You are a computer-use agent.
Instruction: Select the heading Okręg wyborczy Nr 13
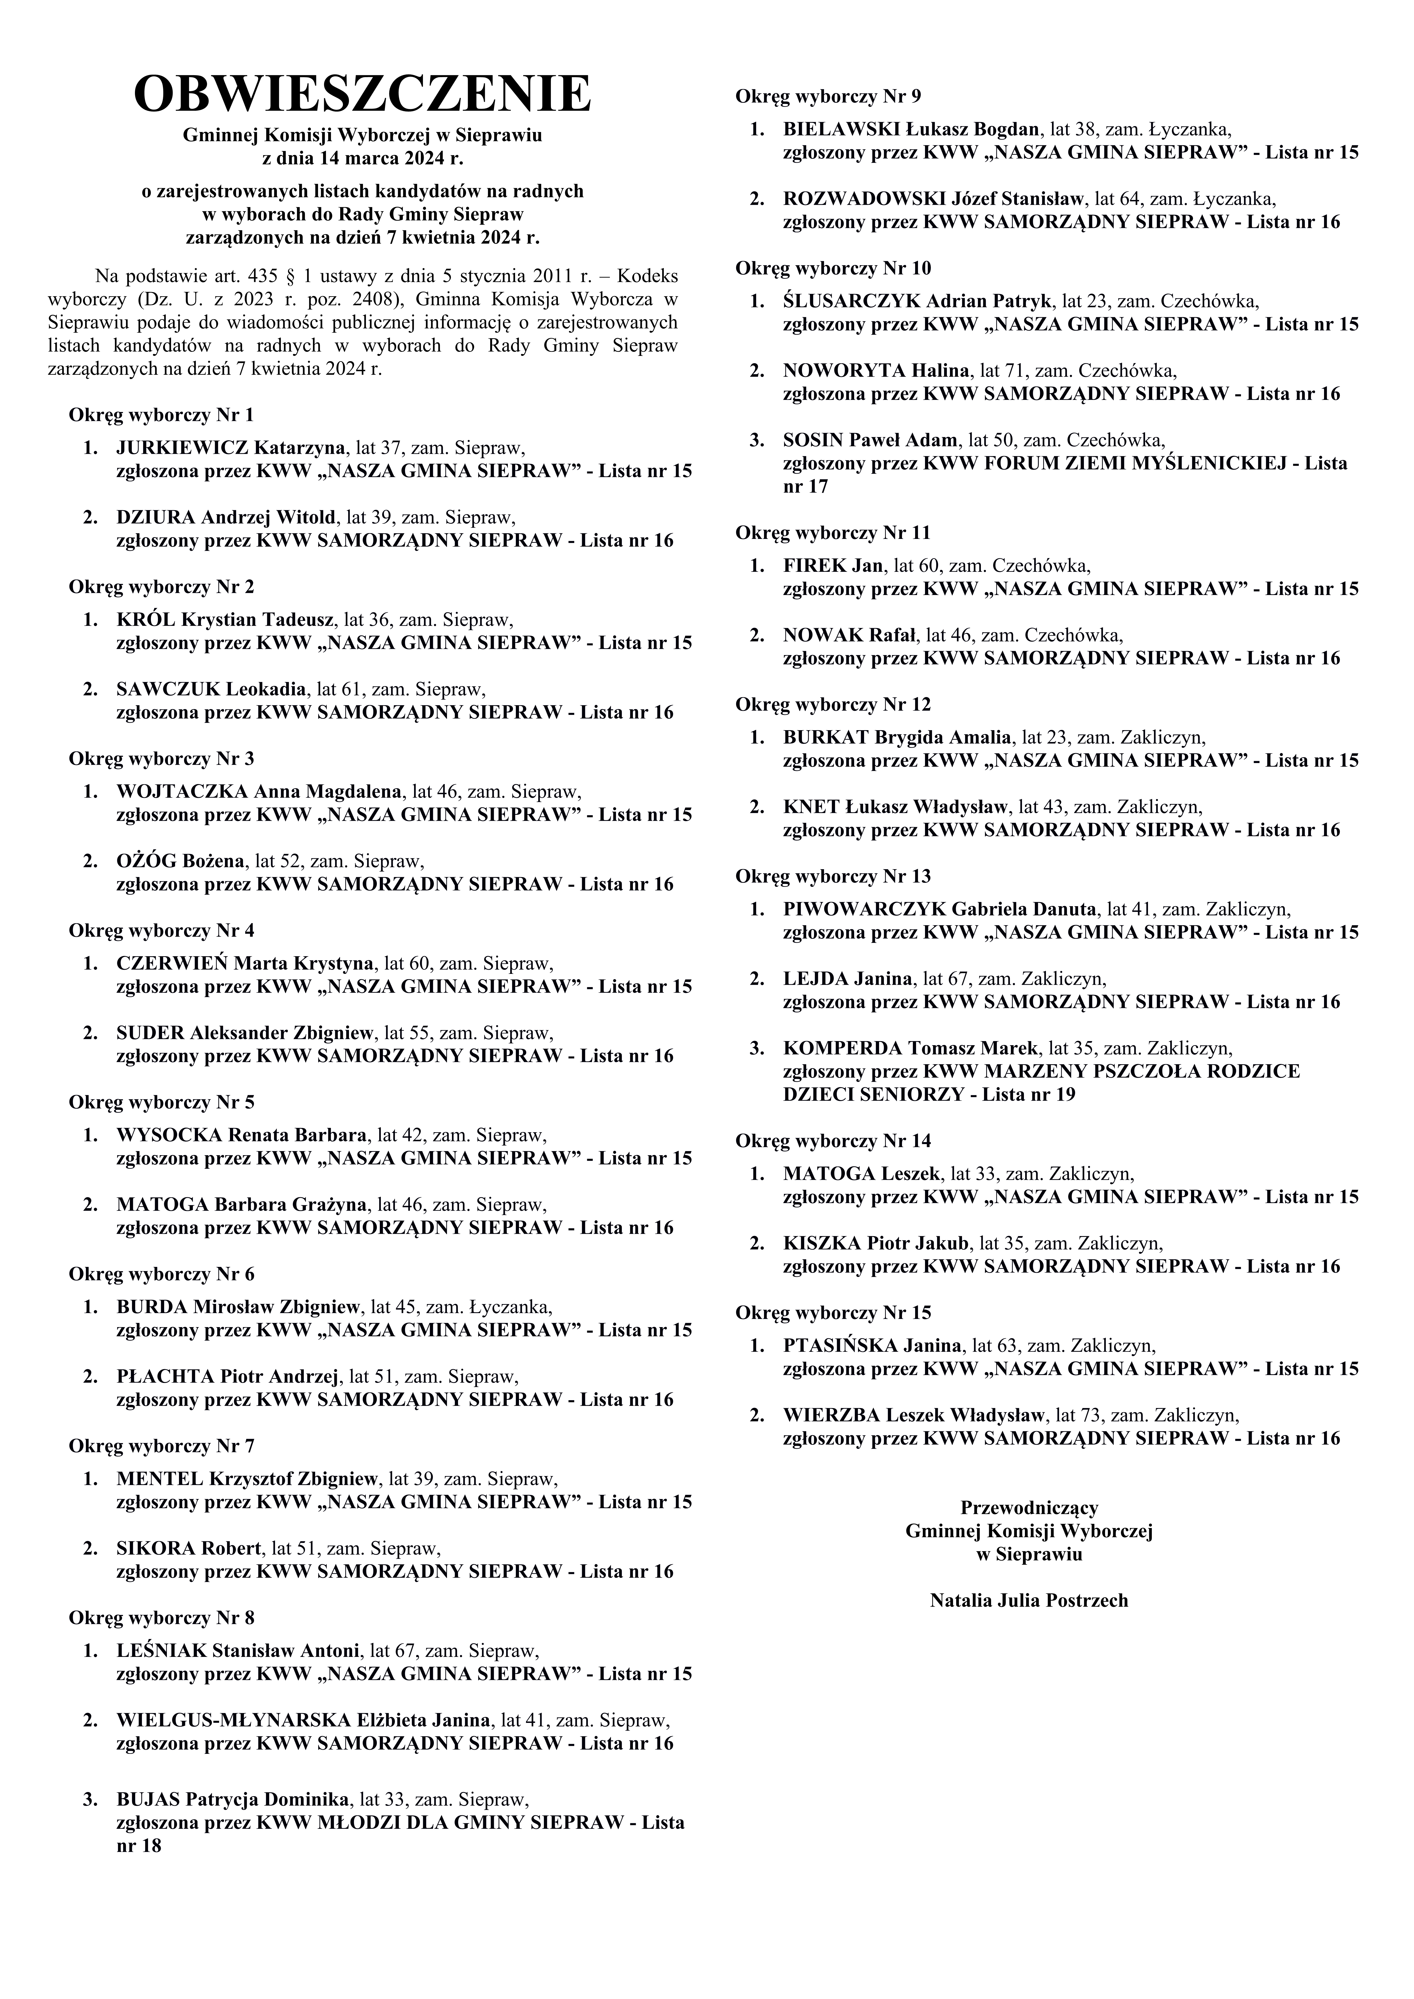point(833,876)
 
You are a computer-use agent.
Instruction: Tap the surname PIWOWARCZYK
point(864,910)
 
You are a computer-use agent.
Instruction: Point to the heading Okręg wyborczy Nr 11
point(833,532)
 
